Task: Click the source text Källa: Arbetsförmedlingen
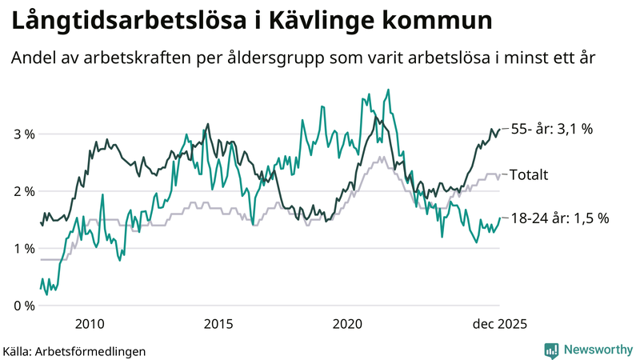tap(74, 350)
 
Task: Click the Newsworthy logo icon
tap(551, 350)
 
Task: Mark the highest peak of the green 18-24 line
tap(389, 90)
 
